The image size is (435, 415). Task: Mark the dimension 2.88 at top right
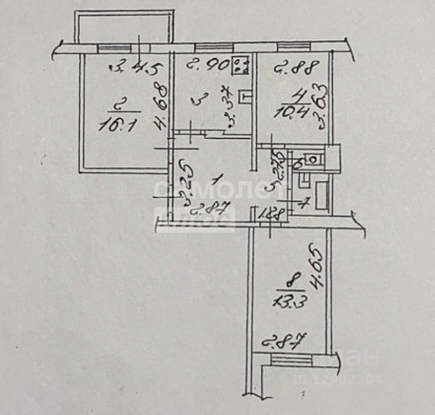[x=285, y=67]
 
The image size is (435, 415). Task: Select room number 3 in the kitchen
[x=199, y=100]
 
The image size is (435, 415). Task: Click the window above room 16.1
[x=109, y=48]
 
